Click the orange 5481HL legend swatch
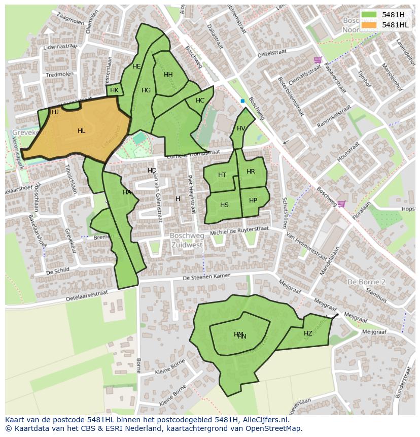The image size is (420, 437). point(369,25)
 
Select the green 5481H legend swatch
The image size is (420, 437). point(369,15)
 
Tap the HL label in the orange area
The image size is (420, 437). point(81,131)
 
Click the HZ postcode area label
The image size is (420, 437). point(308,333)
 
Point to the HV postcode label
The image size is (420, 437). point(241,128)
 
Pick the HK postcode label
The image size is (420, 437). point(114,90)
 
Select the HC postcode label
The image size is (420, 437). point(200,100)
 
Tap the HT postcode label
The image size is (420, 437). point(222,175)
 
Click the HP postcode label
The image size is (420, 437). point(253,200)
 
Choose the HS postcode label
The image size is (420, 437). point(224,205)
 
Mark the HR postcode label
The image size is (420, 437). point(251,172)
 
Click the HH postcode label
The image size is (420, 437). point(168,75)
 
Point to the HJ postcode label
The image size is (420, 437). point(55,112)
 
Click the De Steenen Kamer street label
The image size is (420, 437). point(206,277)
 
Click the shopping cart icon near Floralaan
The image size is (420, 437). point(341,204)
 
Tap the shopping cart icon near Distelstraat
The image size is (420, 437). point(318,60)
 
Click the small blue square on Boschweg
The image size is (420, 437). point(242,101)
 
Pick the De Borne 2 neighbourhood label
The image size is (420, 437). point(366,282)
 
